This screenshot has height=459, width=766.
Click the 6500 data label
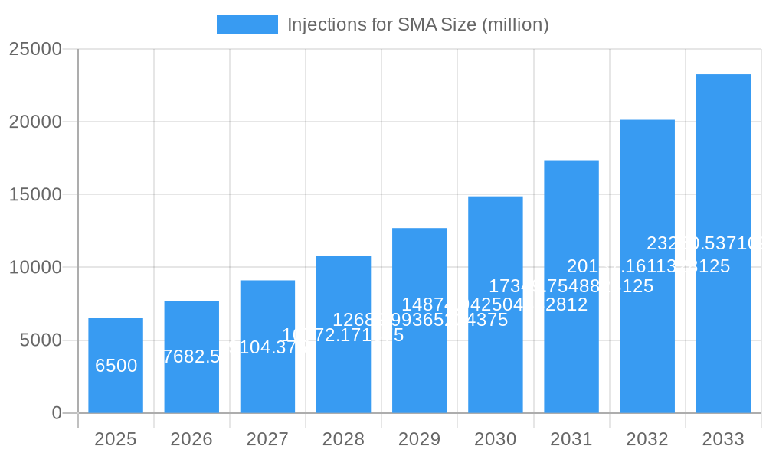point(116,366)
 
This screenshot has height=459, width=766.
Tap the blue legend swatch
point(247,24)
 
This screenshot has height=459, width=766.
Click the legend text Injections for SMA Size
point(417,24)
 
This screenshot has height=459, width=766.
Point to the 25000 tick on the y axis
point(34,49)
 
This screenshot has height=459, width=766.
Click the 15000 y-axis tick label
point(34,194)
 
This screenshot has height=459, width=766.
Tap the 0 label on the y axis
point(57,413)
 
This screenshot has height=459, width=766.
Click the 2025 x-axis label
point(116,439)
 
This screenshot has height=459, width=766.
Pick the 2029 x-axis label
point(419,439)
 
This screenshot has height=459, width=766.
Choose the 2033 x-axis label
point(723,439)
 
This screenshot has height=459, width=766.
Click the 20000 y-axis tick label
point(34,122)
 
